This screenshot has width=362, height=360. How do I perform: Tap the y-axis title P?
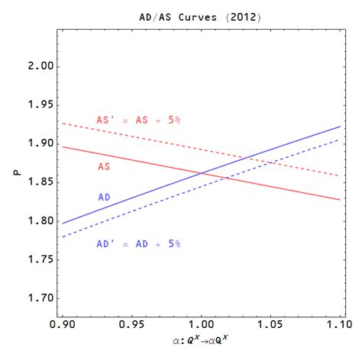point(16,173)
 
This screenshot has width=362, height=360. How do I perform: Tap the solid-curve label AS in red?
point(106,166)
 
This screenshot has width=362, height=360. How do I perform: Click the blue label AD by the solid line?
point(106,197)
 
